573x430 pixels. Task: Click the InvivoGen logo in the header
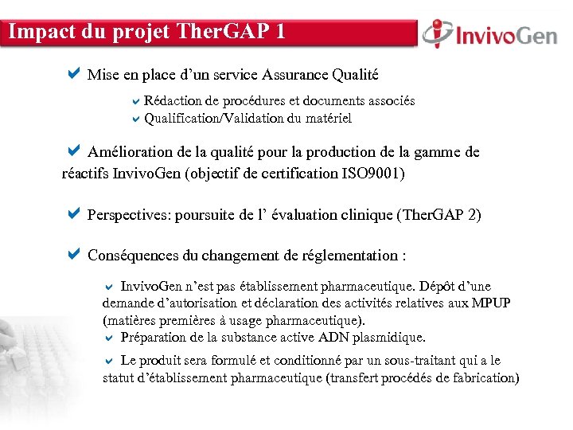[x=489, y=34]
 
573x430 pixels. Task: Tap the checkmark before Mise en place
[x=74, y=75]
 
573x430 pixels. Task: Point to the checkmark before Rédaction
[x=135, y=101]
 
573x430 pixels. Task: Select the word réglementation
[x=351, y=256]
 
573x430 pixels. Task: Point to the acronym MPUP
[x=492, y=303]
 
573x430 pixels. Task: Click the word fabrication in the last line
[x=480, y=378]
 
